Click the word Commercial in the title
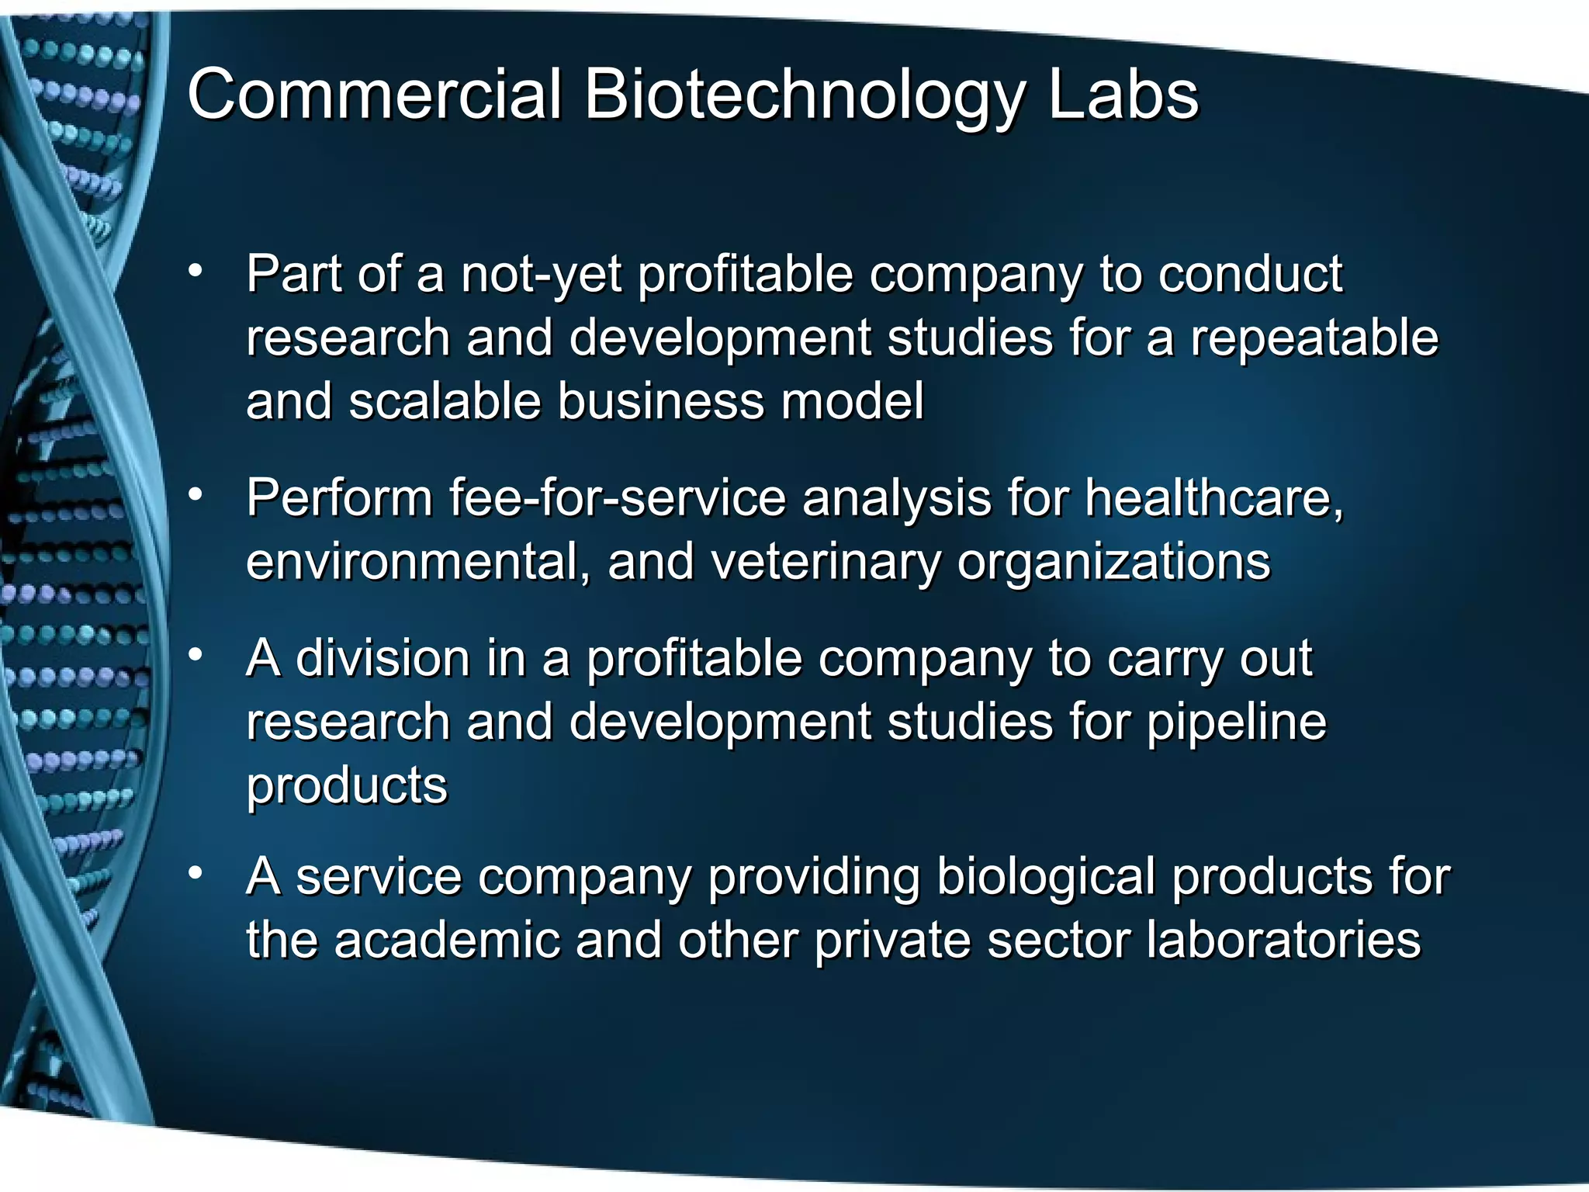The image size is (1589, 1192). [373, 95]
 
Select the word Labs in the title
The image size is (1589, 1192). [1123, 95]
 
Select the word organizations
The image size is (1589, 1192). [1113, 563]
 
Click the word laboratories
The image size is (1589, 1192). [1283, 941]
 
